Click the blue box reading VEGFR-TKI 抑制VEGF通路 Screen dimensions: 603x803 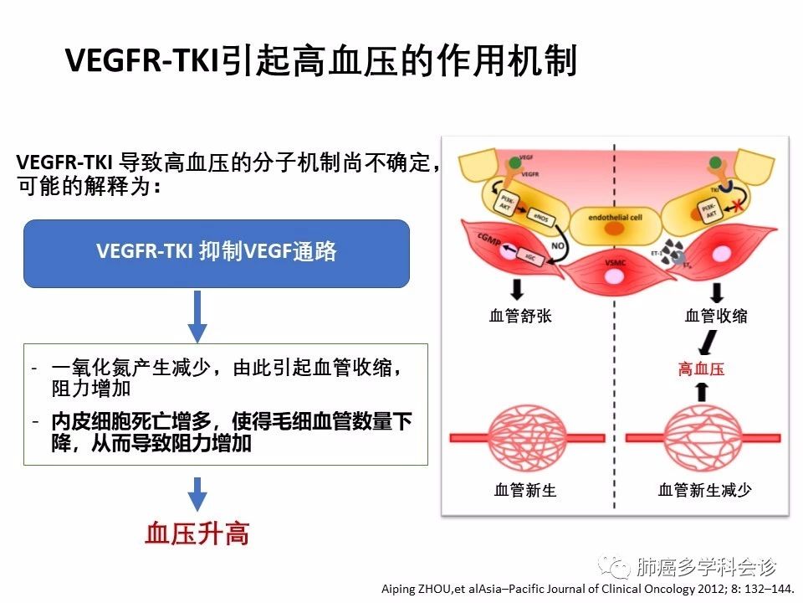(x=216, y=253)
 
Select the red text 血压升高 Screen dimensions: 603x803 (x=197, y=533)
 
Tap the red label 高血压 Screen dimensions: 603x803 (x=701, y=368)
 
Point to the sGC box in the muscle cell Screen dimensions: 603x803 (x=530, y=258)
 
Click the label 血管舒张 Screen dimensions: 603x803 (x=520, y=316)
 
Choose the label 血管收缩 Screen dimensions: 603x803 (x=716, y=316)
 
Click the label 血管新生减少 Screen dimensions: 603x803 (x=705, y=490)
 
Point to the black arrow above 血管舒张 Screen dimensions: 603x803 (x=518, y=290)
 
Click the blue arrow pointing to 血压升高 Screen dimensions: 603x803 (x=197, y=493)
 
